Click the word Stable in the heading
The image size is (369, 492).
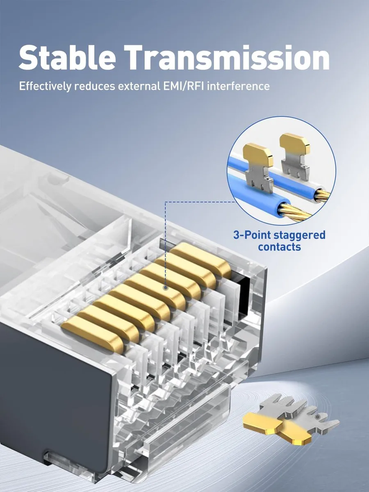click(67, 57)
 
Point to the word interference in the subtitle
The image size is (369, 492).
click(238, 86)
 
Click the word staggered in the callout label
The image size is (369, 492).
click(300, 235)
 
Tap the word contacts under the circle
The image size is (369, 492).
click(279, 247)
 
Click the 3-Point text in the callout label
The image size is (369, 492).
click(252, 235)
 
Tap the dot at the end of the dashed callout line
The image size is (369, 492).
click(165, 288)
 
